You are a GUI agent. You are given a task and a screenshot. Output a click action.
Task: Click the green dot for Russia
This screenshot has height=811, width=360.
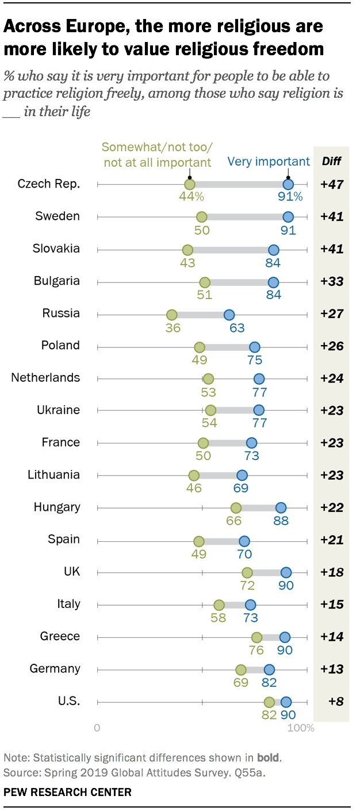[171, 315]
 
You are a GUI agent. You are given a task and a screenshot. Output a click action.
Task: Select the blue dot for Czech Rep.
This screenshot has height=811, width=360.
[288, 185]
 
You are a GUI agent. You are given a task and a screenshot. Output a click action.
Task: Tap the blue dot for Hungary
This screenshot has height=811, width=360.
[281, 507]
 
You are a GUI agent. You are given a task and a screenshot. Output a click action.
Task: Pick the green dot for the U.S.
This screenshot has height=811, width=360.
[269, 702]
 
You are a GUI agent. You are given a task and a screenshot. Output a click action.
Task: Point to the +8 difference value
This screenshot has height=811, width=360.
[332, 702]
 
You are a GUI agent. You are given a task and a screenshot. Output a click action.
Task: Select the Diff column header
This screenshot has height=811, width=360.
[331, 162]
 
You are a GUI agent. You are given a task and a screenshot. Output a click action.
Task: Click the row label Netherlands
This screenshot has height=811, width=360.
[45, 378]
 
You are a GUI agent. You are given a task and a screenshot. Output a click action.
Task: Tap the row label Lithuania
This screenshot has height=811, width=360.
[53, 475]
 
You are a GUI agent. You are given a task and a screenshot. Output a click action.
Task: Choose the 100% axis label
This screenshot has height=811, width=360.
[301, 728]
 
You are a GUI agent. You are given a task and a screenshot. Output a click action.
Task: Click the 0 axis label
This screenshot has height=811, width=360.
[97, 728]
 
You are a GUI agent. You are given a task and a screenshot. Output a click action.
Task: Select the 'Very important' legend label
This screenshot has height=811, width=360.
[269, 162]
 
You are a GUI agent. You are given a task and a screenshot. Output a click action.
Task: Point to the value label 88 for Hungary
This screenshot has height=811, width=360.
[281, 521]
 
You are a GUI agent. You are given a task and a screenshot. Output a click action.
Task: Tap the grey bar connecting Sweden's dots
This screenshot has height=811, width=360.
[244, 217]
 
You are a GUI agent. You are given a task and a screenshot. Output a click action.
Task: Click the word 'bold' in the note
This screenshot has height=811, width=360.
[268, 756]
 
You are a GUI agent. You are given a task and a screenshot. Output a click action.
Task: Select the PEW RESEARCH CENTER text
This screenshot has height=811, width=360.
[67, 792]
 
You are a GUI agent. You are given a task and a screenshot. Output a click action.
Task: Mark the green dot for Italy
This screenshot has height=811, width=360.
[219, 605]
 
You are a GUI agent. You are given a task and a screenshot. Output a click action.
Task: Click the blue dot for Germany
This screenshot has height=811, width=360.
[269, 670]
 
